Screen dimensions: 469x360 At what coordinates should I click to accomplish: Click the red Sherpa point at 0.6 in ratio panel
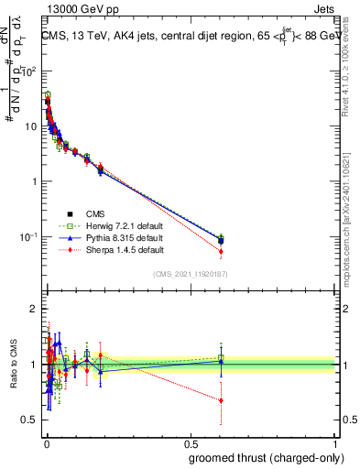[x=221, y=400]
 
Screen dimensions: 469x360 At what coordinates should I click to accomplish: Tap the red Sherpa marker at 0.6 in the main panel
[x=221, y=251]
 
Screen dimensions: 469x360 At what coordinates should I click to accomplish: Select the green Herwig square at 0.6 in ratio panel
[x=221, y=358]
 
